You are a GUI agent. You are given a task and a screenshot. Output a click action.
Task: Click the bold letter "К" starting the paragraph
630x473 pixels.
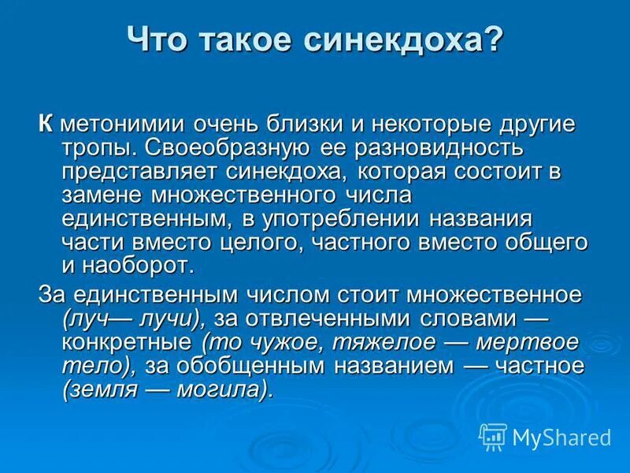(x=46, y=125)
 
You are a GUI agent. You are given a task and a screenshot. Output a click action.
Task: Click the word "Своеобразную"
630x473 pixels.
(x=223, y=148)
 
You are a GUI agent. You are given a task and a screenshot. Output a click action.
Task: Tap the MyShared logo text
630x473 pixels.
(x=561, y=437)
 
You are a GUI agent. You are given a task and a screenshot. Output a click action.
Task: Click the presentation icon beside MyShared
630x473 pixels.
(x=493, y=437)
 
